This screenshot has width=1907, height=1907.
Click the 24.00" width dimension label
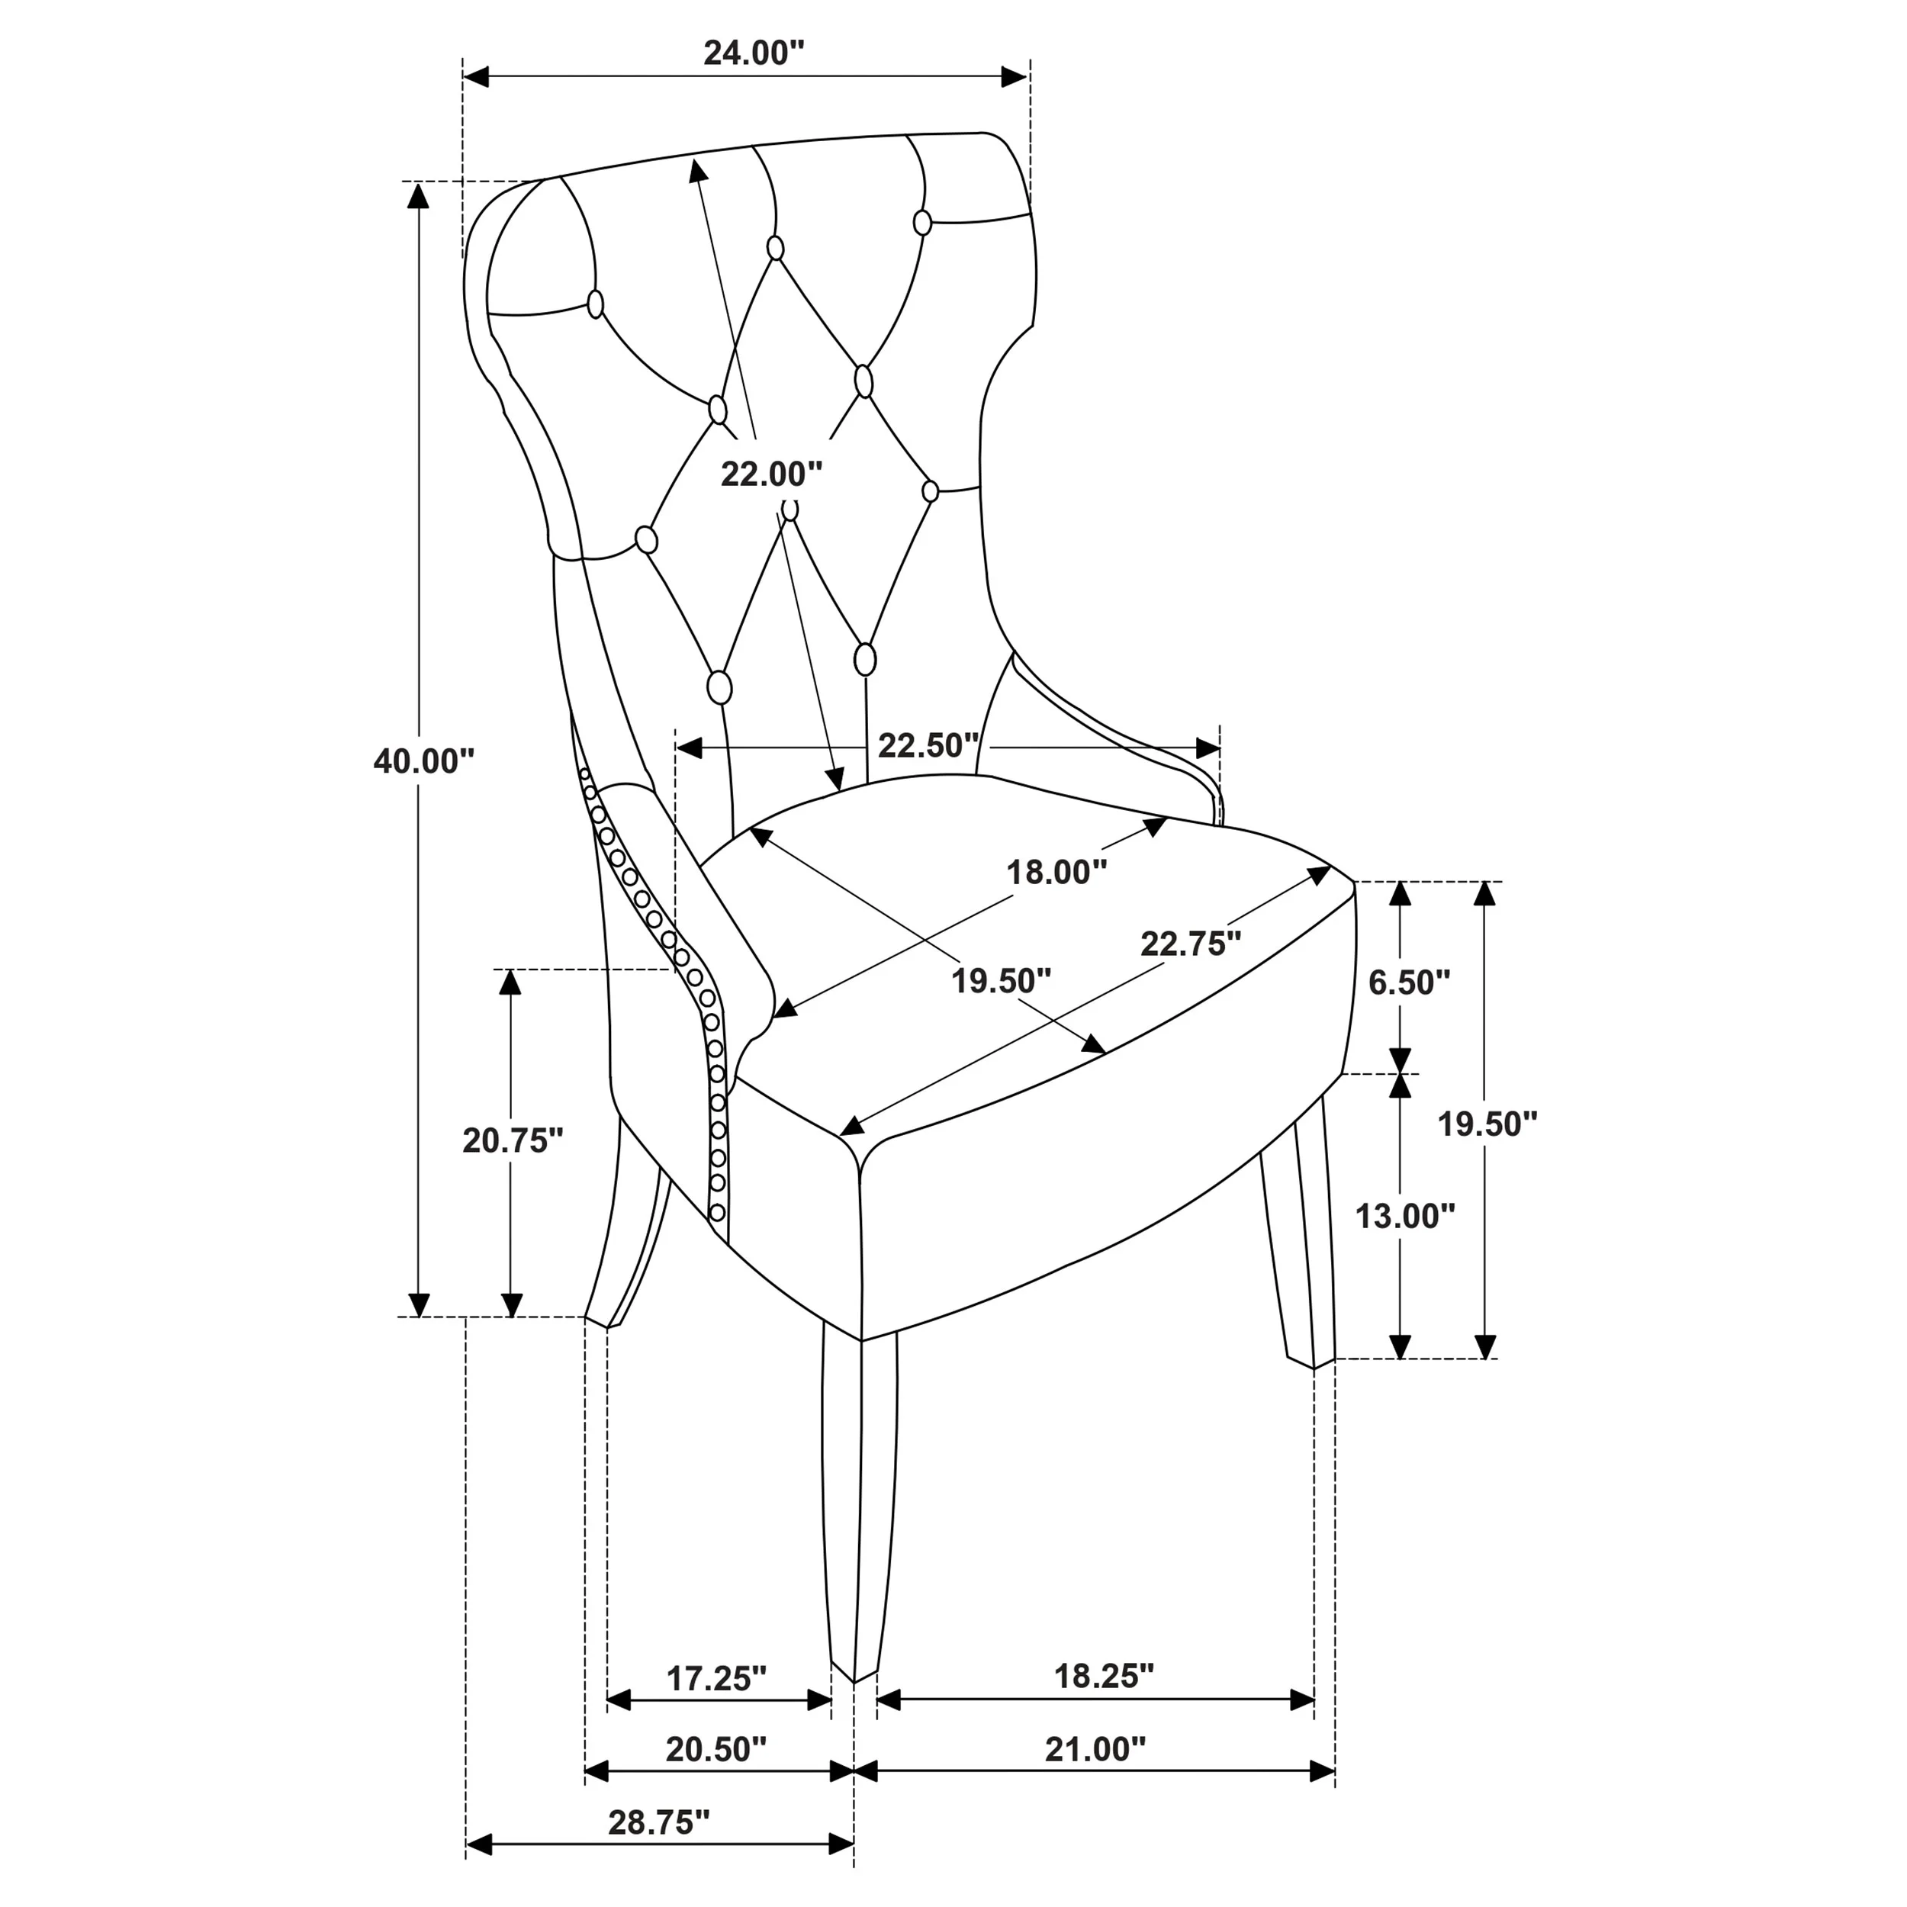[x=754, y=53]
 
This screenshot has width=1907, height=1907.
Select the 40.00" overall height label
[x=423, y=761]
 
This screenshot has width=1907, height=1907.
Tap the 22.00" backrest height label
[x=771, y=474]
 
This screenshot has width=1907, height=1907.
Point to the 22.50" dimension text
[x=928, y=745]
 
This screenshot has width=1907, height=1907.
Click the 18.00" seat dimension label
[x=1056, y=872]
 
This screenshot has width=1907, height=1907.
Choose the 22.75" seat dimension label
[x=1191, y=944]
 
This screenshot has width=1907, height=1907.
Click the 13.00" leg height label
[x=1404, y=1216]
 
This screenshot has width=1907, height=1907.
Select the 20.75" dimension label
[x=513, y=1140]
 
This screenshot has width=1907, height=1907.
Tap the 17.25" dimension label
[x=716, y=1678]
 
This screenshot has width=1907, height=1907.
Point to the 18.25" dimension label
[x=1104, y=1675]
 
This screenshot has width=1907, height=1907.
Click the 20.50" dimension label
[x=716, y=1749]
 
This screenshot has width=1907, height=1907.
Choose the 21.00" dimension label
[x=1095, y=1749]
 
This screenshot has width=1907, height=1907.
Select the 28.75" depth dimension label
[x=658, y=1822]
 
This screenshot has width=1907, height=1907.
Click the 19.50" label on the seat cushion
[x=1001, y=980]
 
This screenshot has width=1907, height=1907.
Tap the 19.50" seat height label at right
[x=1487, y=1124]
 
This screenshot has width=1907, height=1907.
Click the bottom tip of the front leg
[x=853, y=1678]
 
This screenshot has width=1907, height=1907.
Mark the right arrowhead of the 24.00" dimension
[x=1017, y=77]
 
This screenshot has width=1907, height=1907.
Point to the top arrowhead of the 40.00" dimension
[x=419, y=195]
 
